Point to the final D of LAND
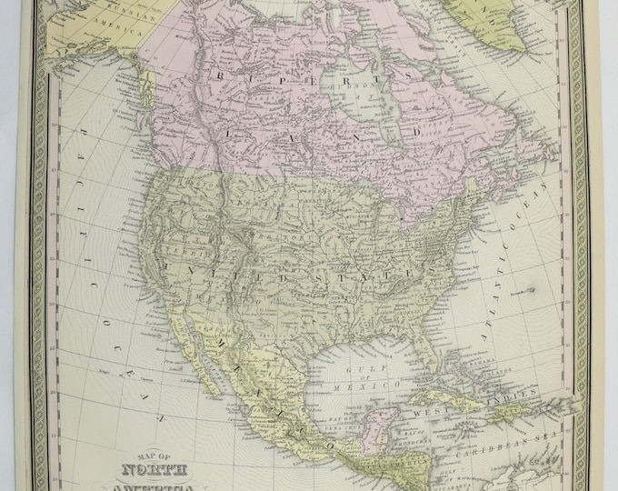tap(417, 131)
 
